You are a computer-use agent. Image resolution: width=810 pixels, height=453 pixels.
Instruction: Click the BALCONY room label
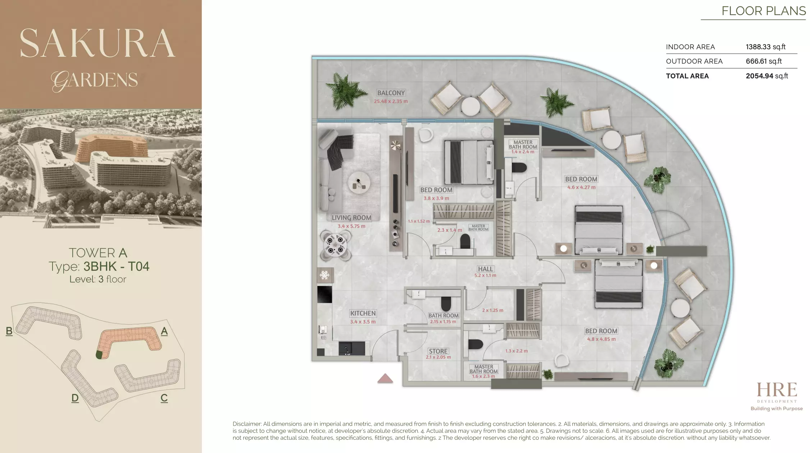click(391, 93)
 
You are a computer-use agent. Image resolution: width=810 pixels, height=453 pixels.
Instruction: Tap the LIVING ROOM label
click(351, 218)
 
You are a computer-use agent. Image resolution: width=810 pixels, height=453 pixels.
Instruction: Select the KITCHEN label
click(363, 313)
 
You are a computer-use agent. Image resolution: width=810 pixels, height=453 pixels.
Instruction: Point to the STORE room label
click(438, 351)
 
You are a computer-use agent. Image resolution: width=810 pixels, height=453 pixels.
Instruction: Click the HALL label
click(485, 269)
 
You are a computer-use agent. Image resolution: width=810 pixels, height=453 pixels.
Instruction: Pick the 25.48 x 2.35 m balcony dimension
click(391, 101)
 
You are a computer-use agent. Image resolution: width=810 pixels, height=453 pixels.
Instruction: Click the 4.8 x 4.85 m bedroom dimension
click(601, 339)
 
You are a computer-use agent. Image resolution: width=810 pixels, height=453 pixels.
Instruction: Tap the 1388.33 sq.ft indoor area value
click(765, 47)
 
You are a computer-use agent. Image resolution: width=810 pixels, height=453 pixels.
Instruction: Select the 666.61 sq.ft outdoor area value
click(764, 61)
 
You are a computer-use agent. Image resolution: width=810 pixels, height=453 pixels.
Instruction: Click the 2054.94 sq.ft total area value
click(766, 76)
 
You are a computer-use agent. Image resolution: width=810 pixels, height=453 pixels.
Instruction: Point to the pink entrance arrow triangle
click(385, 378)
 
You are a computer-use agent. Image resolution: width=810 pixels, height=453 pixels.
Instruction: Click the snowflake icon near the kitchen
click(324, 275)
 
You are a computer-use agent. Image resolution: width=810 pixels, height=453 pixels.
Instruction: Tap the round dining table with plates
click(335, 245)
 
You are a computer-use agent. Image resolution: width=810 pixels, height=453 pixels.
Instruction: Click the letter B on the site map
click(9, 331)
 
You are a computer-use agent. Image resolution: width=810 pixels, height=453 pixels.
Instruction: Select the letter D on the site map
click(75, 398)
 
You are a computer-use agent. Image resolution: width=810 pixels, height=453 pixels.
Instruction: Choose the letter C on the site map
click(164, 398)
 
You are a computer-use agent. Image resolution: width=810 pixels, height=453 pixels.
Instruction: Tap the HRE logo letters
click(777, 390)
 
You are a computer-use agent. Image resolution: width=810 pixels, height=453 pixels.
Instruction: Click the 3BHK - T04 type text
click(116, 266)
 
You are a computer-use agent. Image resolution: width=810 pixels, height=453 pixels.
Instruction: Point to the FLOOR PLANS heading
click(763, 11)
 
